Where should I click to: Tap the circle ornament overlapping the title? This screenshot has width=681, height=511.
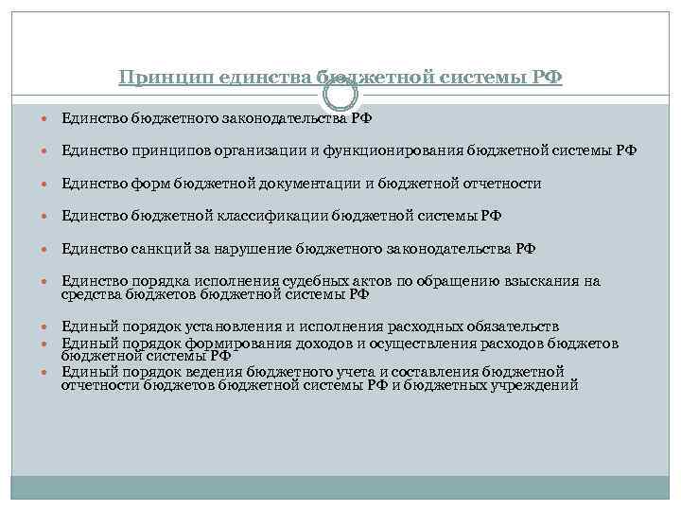pos(340,95)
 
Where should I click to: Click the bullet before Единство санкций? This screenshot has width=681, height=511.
pos(47,249)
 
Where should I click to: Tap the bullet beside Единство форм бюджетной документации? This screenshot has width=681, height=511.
pos(47,184)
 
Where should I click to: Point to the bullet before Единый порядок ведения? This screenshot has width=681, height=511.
pos(47,371)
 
